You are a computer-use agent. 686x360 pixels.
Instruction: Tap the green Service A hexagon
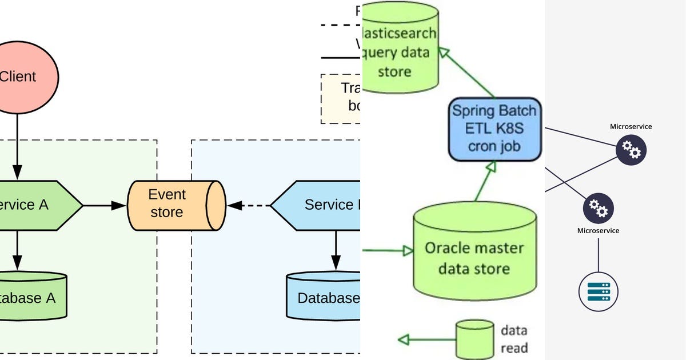click(x=34, y=205)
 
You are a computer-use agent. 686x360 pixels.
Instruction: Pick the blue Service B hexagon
click(x=320, y=205)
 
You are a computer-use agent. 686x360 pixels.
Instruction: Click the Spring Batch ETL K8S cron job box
click(x=494, y=129)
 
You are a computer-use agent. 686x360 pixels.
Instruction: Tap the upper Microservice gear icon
click(x=631, y=151)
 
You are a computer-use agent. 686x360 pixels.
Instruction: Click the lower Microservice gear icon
click(x=599, y=207)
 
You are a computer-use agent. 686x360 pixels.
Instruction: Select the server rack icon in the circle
click(x=599, y=291)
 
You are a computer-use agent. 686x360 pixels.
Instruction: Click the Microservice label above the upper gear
click(x=631, y=126)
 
